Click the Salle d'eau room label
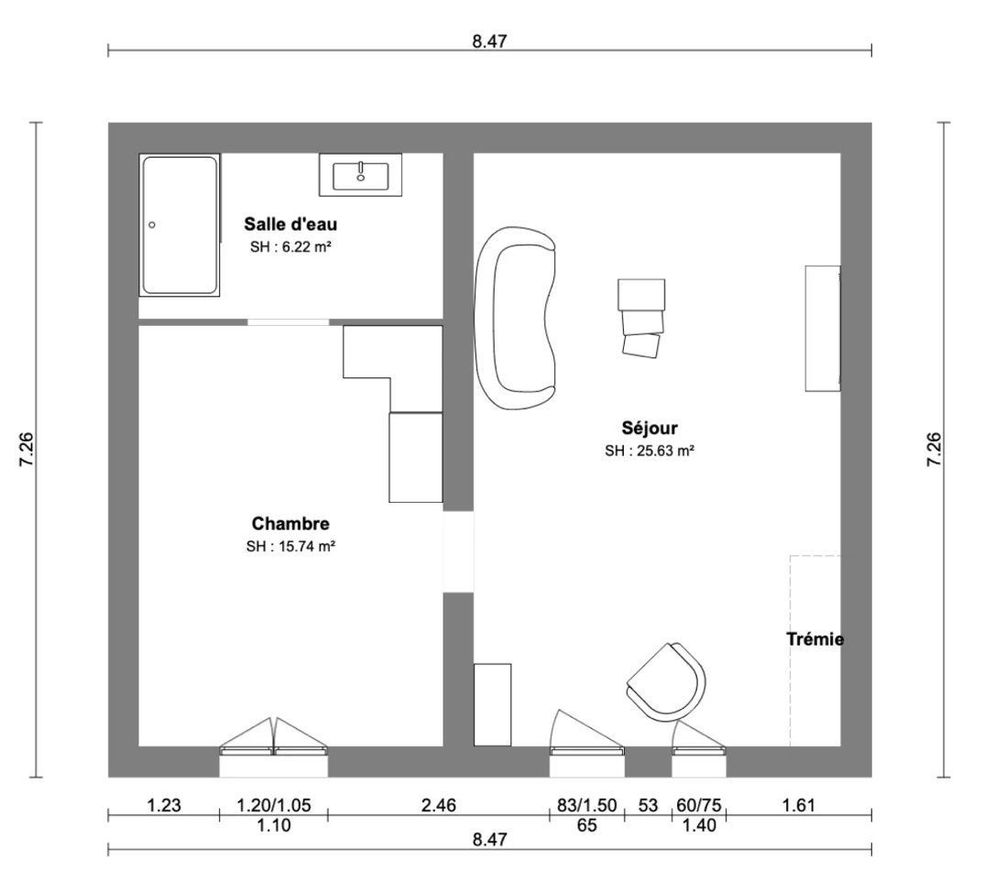290,224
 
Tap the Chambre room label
290,523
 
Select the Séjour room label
650,429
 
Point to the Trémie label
815,639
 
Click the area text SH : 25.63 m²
650,451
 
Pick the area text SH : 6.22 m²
290,246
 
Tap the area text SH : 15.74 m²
290,547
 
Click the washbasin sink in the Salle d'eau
360,176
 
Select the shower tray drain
152,224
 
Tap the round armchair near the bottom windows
666,682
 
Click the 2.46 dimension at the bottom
439,805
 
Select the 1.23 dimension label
164,805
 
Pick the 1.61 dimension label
799,805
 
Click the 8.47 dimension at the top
489,41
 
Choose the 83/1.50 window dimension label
587,805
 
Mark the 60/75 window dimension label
699,805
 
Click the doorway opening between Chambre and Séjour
459,551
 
